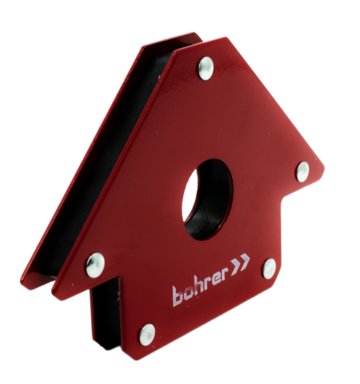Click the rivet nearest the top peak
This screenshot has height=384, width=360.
pyautogui.click(x=206, y=68)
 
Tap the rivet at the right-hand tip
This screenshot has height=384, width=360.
pyautogui.click(x=303, y=172)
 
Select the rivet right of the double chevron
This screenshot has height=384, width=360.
pyautogui.click(x=270, y=269)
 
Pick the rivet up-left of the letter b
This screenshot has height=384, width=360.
pyautogui.click(x=95, y=265)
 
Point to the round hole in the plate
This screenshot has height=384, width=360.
pyautogui.click(x=207, y=199)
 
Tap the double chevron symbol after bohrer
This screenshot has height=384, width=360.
pyautogui.click(x=239, y=263)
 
